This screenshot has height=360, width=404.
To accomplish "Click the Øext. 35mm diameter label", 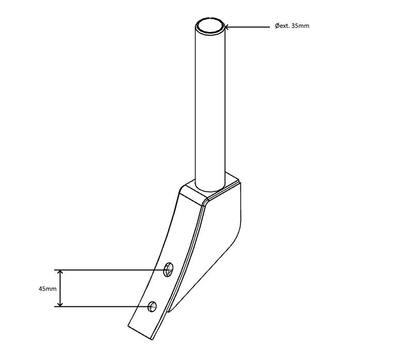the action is [292, 26].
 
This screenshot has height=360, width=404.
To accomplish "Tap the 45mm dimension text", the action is [47, 289].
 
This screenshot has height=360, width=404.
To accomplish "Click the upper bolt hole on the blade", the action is [168, 269].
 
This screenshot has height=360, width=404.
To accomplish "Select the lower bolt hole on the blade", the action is [152, 306].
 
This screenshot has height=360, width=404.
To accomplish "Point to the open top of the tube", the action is [210, 26].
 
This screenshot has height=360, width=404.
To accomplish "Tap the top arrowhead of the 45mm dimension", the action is [60, 273].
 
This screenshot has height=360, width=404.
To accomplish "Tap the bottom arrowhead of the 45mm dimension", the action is [60, 304].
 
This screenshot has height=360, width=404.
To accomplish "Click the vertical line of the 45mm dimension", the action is [60, 288].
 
